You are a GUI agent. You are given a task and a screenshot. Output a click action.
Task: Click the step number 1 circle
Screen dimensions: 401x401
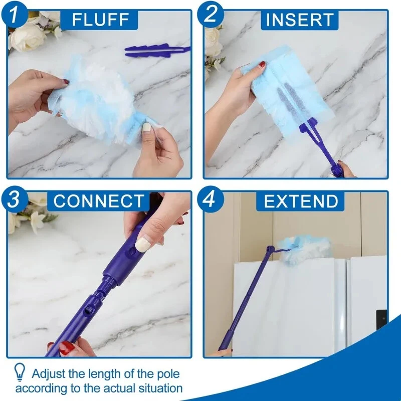click(x=14, y=14)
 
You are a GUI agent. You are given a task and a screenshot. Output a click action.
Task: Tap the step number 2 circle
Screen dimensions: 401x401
click(x=211, y=14)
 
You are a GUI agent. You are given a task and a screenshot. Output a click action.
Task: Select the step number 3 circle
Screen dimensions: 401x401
click(x=15, y=199)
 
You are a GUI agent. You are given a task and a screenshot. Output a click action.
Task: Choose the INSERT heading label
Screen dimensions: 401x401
click(x=300, y=20)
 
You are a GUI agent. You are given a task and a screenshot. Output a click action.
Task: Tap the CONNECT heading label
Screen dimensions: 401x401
click(x=99, y=201)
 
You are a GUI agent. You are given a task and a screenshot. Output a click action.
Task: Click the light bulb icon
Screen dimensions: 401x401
click(x=20, y=372)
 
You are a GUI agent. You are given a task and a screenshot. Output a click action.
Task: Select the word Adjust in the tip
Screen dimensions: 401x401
click(x=49, y=374)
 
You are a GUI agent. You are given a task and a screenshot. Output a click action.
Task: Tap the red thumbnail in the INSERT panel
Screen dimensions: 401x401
click(x=262, y=64)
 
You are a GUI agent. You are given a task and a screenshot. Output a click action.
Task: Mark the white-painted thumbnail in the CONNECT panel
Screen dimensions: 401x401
click(x=143, y=244)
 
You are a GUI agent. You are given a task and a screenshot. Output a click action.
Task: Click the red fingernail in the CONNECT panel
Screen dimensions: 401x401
click(x=66, y=348)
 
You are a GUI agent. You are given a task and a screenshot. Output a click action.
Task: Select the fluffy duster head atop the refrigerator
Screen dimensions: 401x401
click(x=304, y=249)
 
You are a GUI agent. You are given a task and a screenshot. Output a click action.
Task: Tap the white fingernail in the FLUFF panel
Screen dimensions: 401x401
click(x=146, y=127)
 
